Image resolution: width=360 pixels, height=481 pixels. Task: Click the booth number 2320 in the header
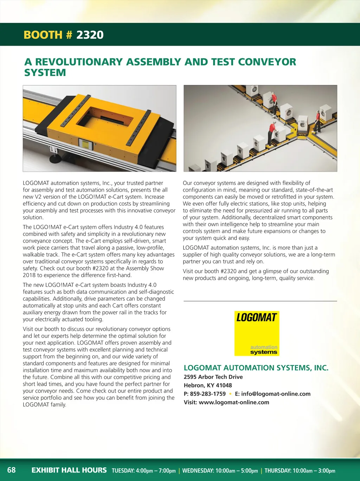pos(90,35)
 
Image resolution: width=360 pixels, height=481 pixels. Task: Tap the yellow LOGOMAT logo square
pos(257,333)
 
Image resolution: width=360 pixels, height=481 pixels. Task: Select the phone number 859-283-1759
pos(208,394)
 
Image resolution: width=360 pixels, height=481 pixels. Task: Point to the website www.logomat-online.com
pos(234,402)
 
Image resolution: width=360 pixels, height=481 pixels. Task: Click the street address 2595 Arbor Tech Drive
pos(213,377)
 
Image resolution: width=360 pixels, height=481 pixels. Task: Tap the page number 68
pos(12,470)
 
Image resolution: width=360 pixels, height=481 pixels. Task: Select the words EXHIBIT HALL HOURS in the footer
pos(69,470)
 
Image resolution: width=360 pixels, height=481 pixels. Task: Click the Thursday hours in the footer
pos(300,470)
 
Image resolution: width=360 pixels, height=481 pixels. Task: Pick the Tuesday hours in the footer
pos(143,470)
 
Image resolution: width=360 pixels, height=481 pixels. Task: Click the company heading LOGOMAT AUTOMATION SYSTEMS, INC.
pos(256,368)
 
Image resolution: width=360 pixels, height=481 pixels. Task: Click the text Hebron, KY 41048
pos(208,385)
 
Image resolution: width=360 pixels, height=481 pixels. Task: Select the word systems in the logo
pos(264,352)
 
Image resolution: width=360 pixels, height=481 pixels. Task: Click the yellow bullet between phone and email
pos(230,394)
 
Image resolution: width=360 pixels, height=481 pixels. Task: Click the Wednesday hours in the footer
pos(220,470)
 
